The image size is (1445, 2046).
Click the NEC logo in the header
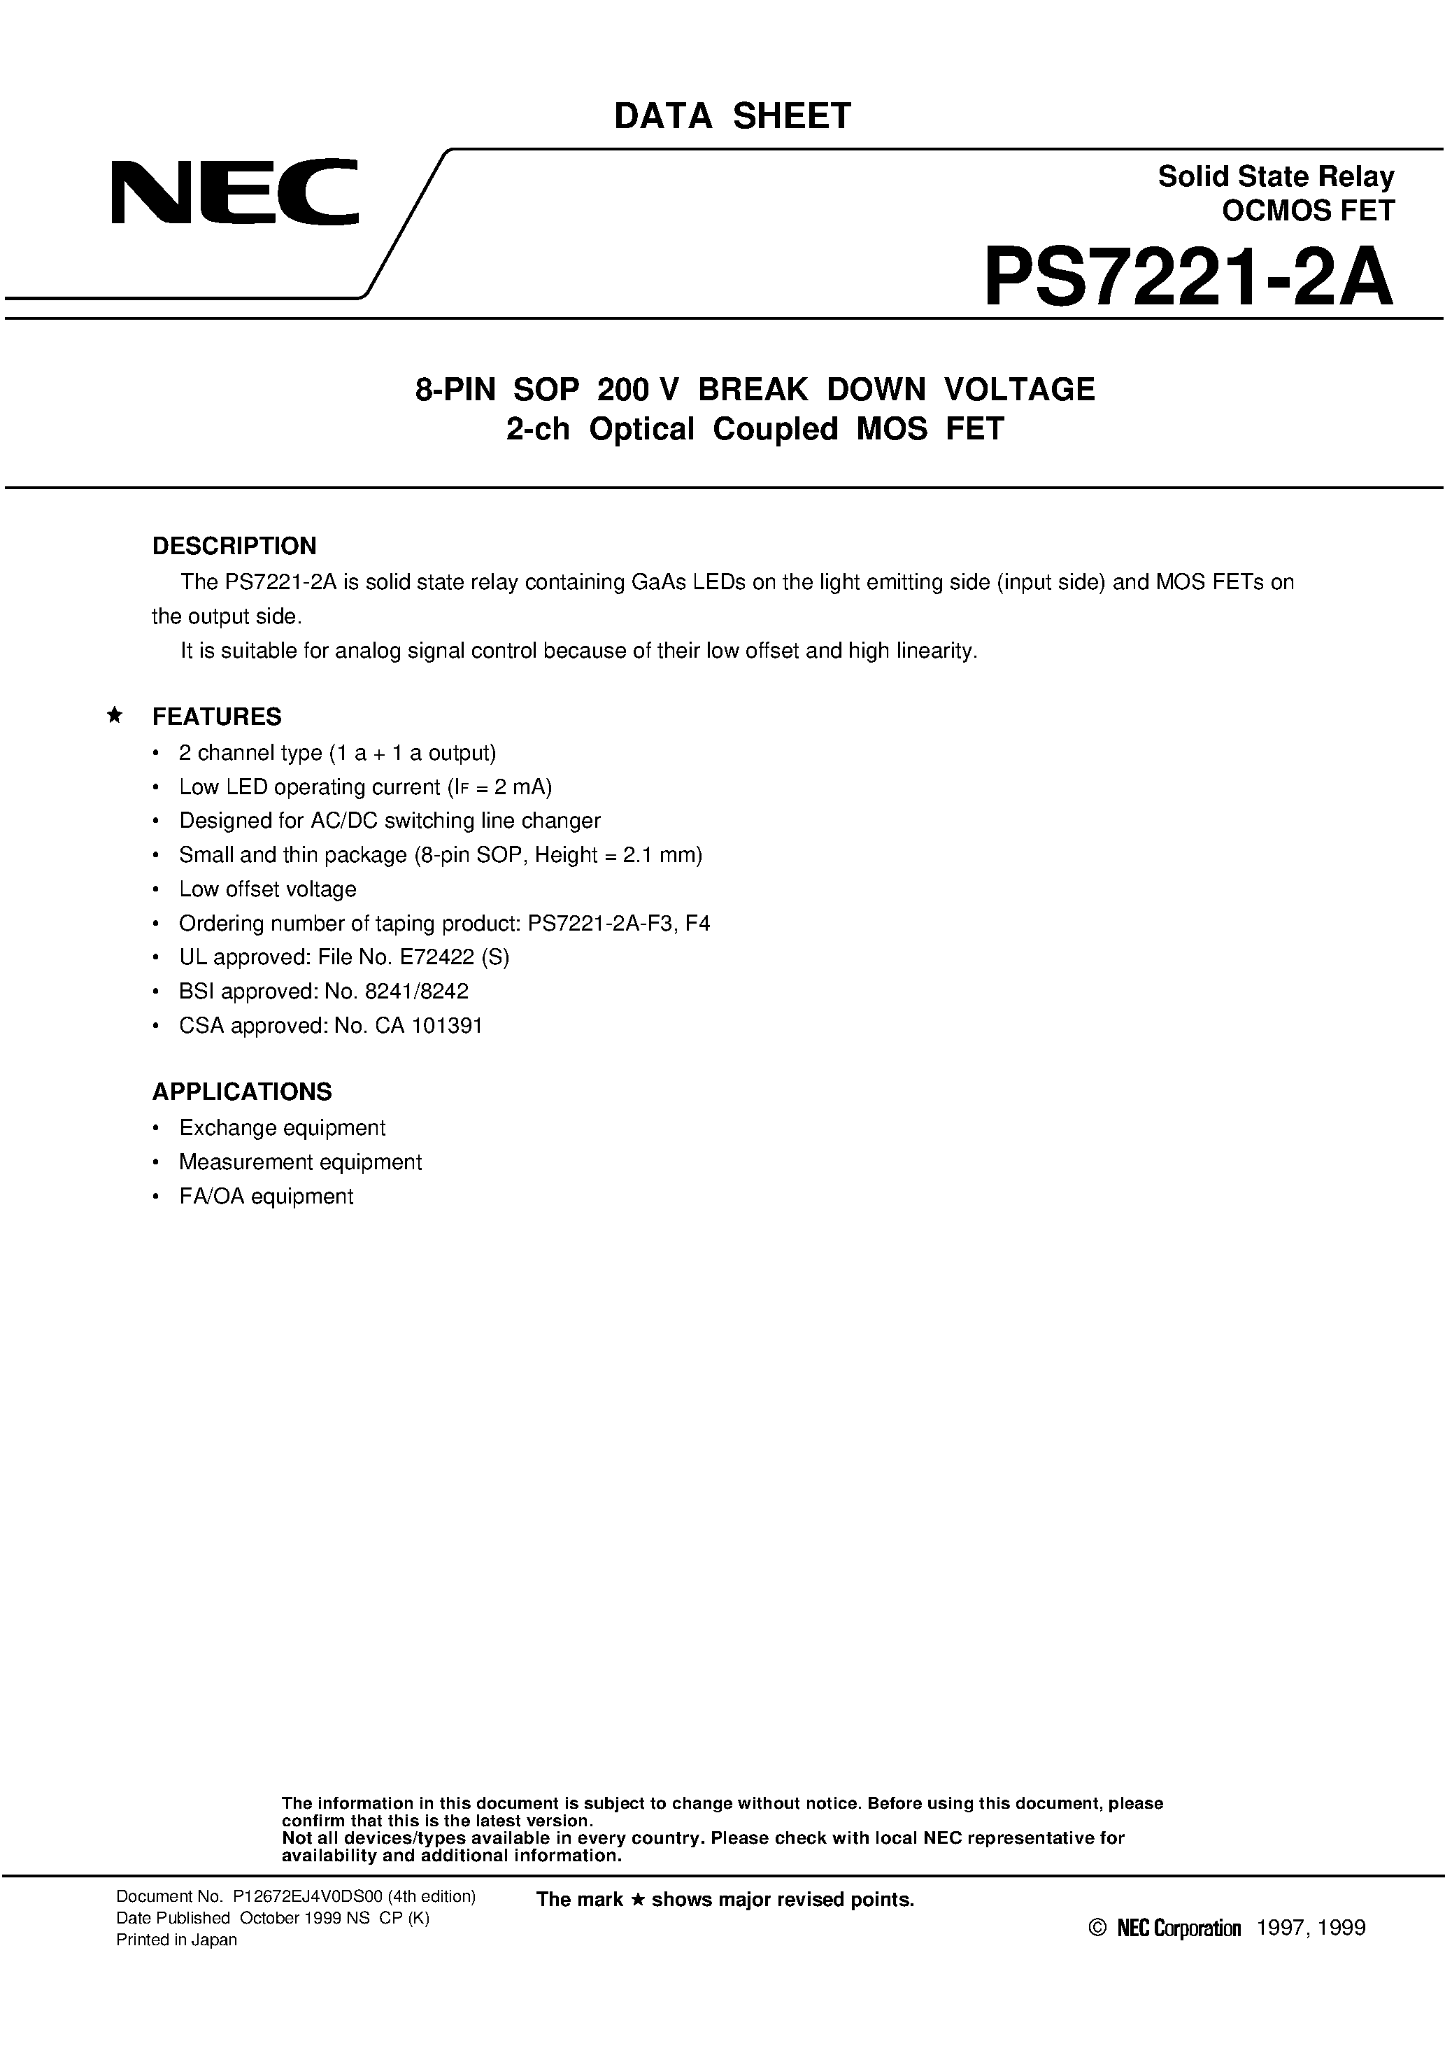[234, 192]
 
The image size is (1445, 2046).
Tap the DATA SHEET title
[732, 117]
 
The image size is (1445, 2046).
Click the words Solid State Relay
[1275, 176]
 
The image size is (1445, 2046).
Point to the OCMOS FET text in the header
[1308, 211]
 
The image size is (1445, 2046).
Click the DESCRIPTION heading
[234, 545]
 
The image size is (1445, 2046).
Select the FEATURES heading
[217, 717]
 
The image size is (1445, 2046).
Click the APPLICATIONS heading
[241, 1092]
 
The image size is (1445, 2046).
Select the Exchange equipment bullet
[282, 1128]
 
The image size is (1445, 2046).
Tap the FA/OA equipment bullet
[266, 1196]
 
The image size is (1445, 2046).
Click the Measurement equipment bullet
[300, 1162]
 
